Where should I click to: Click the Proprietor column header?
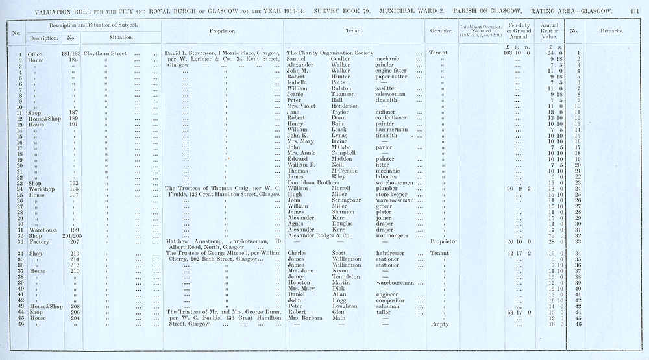222,30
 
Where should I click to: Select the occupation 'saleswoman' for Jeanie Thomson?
395,95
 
